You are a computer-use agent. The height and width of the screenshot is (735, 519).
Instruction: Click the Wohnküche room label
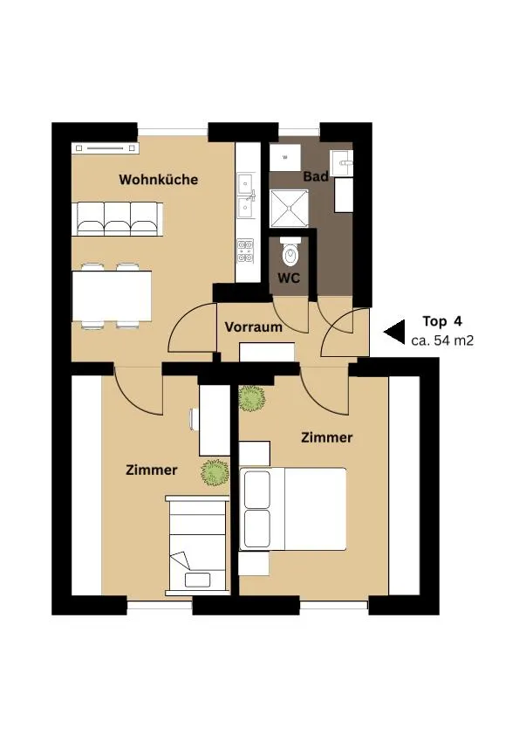[159, 180]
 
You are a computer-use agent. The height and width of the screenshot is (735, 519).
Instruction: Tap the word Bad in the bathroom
[316, 176]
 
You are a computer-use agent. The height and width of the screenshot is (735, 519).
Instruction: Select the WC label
[289, 278]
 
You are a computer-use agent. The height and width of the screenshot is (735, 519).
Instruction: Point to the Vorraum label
[254, 326]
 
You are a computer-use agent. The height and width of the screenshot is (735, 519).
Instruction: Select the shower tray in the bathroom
[289, 209]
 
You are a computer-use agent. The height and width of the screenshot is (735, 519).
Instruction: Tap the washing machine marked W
[285, 158]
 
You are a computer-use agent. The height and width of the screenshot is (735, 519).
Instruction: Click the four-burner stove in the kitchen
[245, 251]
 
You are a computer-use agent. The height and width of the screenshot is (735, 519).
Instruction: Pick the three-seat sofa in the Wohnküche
[120, 219]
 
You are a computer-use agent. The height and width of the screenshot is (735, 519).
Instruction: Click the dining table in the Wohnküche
[112, 296]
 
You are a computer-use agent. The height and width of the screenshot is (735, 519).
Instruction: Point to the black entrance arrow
[394, 333]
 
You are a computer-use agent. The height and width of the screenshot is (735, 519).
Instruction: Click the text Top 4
[442, 321]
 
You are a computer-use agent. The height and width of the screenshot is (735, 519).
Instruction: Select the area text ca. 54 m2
[442, 340]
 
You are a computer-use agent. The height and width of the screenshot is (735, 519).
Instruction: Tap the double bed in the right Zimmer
[293, 509]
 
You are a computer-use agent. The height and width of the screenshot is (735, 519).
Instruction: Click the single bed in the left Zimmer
[198, 546]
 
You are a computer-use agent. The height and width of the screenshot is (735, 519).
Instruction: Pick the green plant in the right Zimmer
[251, 398]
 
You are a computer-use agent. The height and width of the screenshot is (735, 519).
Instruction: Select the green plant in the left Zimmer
[215, 472]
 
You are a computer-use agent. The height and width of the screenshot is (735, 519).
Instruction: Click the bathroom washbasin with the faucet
[341, 162]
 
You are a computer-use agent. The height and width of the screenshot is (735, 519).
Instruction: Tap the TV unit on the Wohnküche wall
[106, 148]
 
